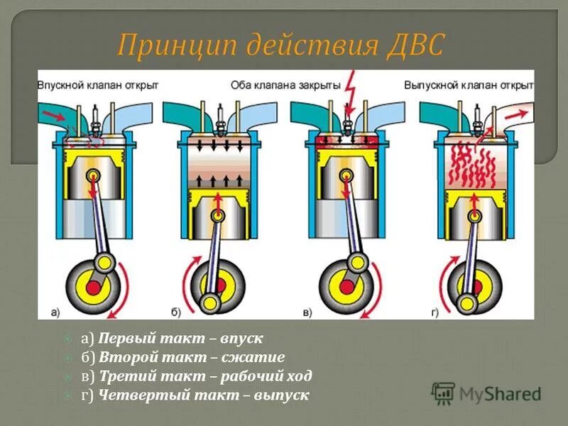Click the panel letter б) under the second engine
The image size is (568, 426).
point(177,310)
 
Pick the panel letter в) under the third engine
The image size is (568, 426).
point(307,310)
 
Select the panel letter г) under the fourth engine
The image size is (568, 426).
point(433,310)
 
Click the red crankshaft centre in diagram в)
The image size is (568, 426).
point(347,286)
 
